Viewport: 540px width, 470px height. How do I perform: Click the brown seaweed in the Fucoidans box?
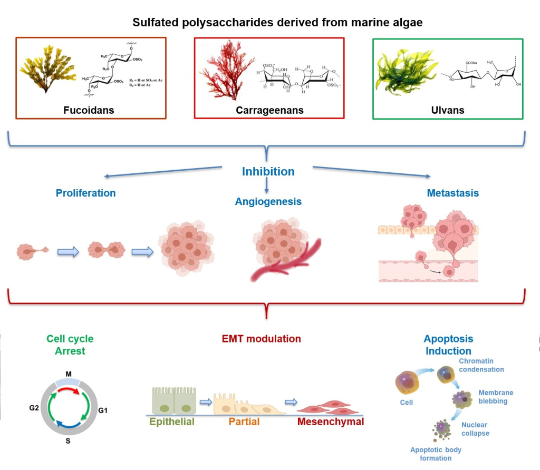coord(46,68)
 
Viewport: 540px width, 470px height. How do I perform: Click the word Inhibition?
coord(268,172)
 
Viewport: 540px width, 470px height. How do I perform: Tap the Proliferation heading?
coord(85,193)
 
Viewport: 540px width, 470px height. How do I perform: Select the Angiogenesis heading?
coord(268,201)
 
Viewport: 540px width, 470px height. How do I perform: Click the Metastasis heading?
coord(452,193)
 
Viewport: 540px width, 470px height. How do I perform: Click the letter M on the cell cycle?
coord(69,374)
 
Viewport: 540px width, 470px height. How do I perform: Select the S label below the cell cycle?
coord(68,440)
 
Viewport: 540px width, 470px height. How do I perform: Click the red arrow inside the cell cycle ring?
coord(68,391)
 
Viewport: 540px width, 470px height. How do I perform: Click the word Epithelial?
coord(172,422)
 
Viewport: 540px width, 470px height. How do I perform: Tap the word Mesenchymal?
coord(330,422)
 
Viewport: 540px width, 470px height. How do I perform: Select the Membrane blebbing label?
coord(495,397)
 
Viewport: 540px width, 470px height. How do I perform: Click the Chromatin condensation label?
coord(481,365)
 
